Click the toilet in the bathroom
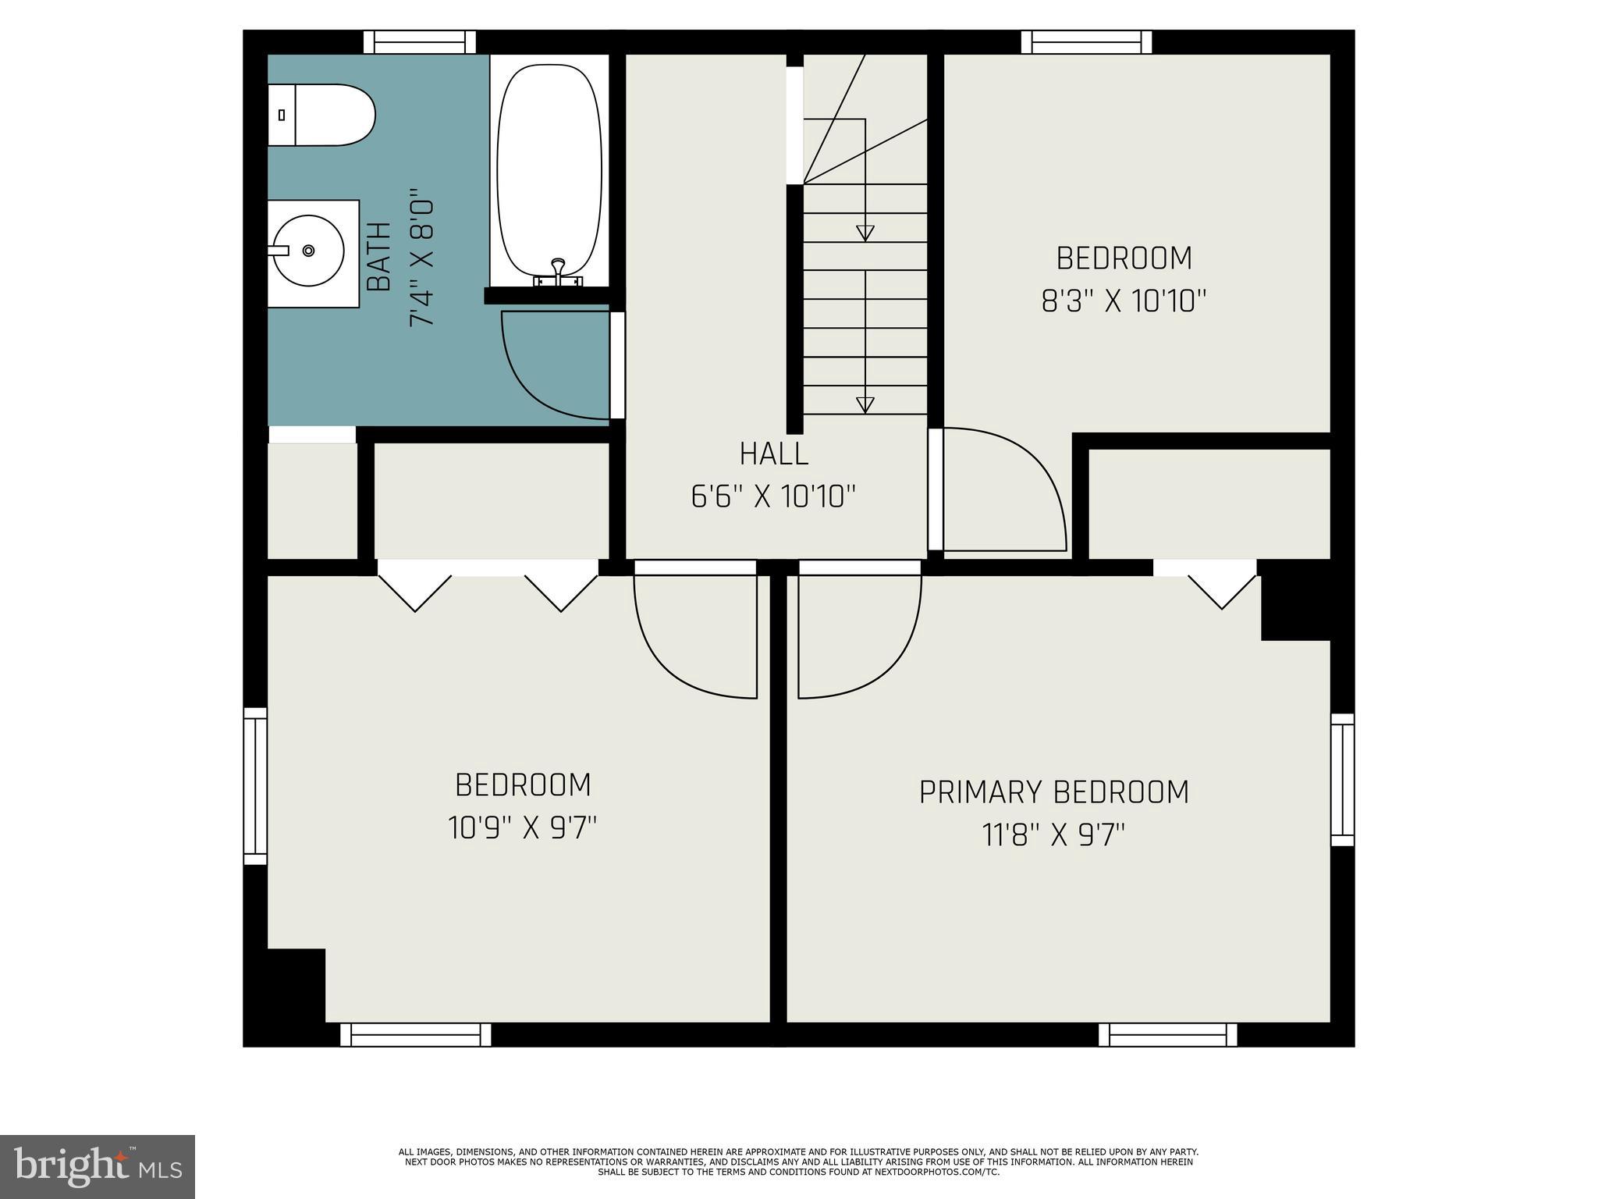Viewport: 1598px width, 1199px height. click(x=321, y=115)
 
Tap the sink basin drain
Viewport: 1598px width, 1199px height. click(x=308, y=251)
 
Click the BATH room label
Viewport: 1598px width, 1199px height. click(x=379, y=257)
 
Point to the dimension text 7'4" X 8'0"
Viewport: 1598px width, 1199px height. click(x=421, y=257)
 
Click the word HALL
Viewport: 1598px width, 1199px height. click(x=773, y=454)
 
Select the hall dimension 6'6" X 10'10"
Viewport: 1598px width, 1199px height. click(x=773, y=496)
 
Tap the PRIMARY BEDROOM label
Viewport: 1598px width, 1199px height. click(x=1053, y=792)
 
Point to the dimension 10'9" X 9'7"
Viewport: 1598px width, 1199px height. click(x=522, y=827)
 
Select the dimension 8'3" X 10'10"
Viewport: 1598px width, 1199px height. click(x=1124, y=301)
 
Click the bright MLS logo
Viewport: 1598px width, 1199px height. click(x=97, y=1166)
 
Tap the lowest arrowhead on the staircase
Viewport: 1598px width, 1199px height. click(x=865, y=404)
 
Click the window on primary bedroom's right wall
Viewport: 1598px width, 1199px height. click(x=1342, y=779)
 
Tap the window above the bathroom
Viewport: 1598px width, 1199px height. click(x=420, y=42)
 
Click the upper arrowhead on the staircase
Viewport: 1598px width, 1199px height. click(x=865, y=233)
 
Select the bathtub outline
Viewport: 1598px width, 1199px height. click(x=549, y=172)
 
